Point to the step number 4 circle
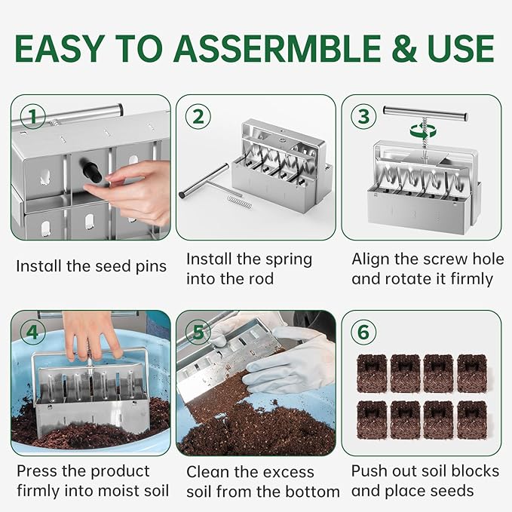click(x=32, y=333)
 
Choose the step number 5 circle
click(x=198, y=333)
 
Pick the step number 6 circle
click(x=363, y=333)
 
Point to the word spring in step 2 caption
click(x=285, y=259)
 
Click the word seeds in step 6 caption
click(x=450, y=491)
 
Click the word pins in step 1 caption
click(x=166, y=266)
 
